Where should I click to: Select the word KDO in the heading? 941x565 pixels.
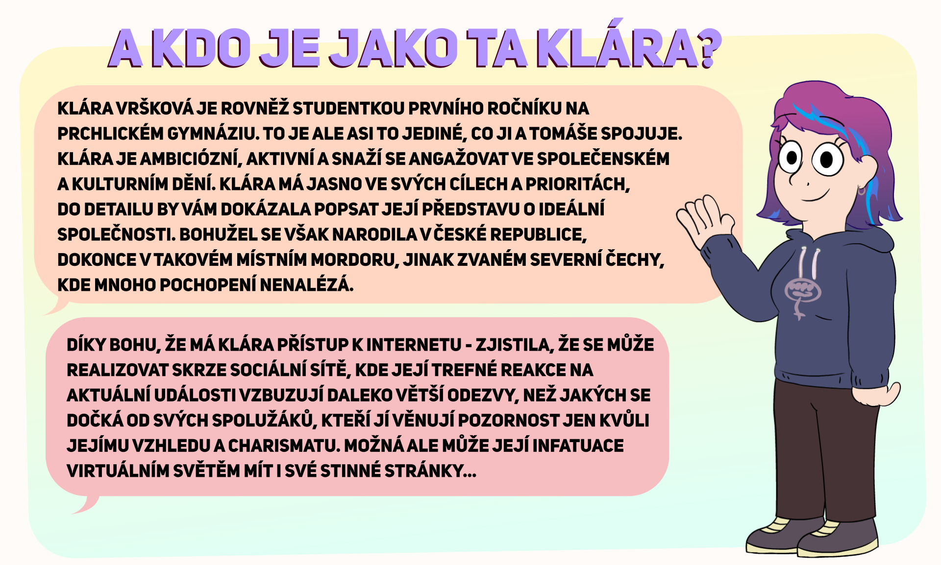coord(203,48)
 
